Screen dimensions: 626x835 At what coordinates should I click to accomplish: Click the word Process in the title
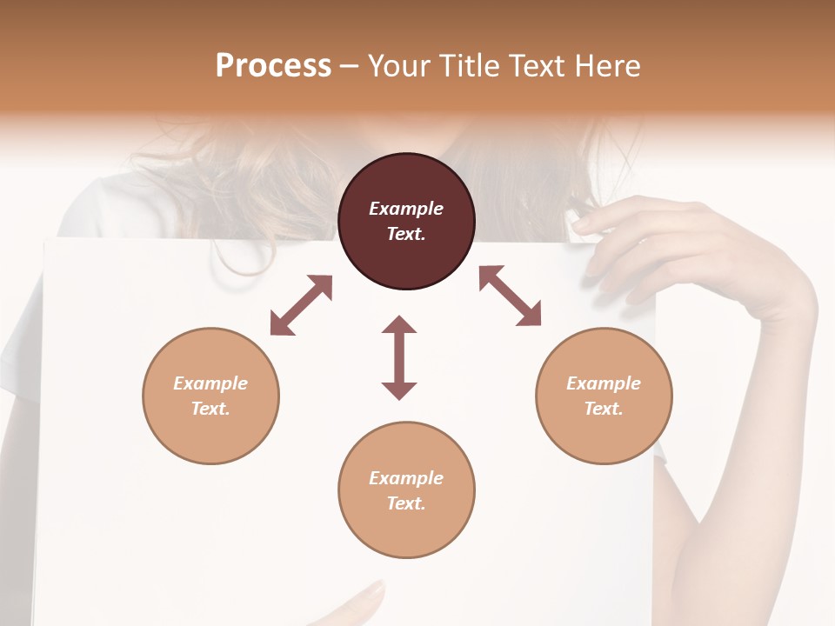(273, 66)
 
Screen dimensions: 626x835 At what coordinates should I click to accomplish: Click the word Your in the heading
(398, 66)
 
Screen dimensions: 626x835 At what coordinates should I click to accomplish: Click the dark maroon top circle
(406, 222)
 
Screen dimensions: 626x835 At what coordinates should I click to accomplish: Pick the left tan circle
(210, 396)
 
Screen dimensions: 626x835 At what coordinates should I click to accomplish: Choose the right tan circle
(604, 396)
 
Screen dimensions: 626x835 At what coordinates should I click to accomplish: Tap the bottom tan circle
(406, 489)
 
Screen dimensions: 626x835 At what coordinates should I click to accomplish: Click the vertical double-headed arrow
(399, 357)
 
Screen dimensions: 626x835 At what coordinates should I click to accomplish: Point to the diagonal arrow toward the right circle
(510, 296)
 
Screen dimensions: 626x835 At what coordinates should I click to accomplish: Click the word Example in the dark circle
(406, 209)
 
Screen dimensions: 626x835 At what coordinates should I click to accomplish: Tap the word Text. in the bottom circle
(406, 503)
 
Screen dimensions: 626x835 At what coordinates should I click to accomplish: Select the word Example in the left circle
(210, 383)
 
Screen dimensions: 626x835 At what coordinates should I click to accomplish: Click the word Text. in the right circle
(604, 409)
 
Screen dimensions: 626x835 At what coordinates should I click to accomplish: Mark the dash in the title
(350, 66)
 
